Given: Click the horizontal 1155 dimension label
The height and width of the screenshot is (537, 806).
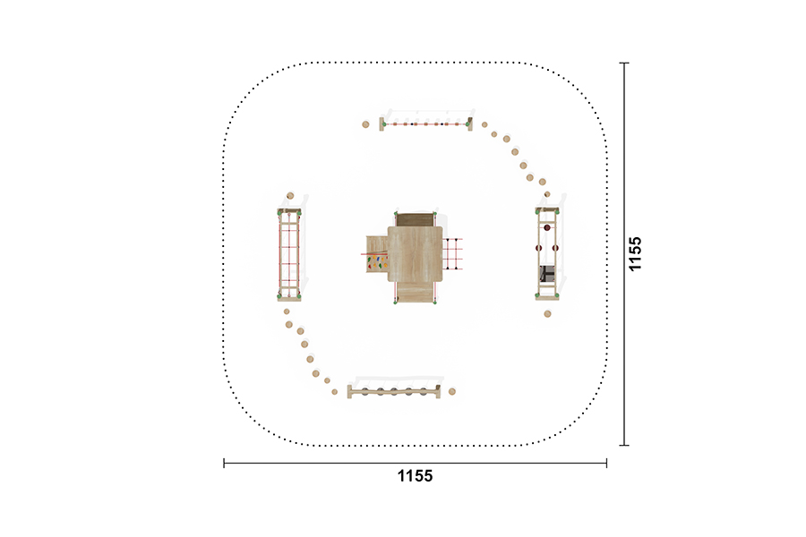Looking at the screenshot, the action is [x=415, y=476].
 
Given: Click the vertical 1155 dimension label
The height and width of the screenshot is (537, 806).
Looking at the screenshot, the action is [x=635, y=253].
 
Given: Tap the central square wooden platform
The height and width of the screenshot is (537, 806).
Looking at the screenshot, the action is [x=415, y=254].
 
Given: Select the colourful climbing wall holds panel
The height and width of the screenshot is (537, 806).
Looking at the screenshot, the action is [x=377, y=263].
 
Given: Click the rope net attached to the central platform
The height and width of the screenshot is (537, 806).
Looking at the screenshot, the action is [x=453, y=254].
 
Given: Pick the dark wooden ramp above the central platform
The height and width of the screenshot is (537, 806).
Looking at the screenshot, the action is [x=415, y=219].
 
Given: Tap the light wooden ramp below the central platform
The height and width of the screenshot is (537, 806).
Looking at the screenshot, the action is [x=415, y=292].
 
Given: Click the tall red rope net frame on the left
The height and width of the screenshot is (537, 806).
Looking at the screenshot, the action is [x=289, y=254].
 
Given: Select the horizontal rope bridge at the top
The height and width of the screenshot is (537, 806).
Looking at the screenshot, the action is [x=426, y=124].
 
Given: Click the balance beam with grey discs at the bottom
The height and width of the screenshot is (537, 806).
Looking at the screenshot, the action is [x=394, y=392].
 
